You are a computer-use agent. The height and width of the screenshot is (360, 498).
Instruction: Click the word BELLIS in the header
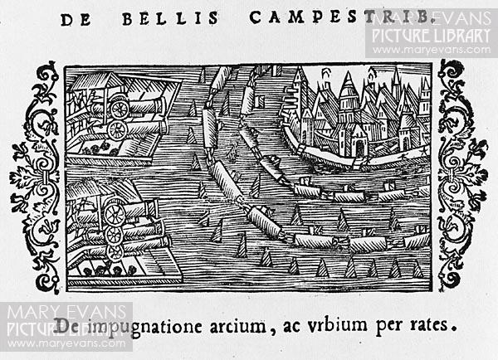170,19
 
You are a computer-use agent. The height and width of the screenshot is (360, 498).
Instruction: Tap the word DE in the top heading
76,20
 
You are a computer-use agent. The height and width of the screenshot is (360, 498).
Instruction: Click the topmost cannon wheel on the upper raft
120,109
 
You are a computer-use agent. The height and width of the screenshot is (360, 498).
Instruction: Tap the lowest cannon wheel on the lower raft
115,253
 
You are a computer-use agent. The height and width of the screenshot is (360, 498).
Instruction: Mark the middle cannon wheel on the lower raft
114,235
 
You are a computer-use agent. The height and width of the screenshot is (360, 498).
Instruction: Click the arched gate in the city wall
359,148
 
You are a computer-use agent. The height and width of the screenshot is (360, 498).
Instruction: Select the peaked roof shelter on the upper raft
97,83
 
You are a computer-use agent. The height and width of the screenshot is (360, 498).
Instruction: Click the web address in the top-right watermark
432,50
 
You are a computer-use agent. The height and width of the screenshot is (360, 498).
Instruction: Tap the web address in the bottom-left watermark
66,343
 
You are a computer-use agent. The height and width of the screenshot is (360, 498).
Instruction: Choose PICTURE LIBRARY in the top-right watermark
432,36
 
